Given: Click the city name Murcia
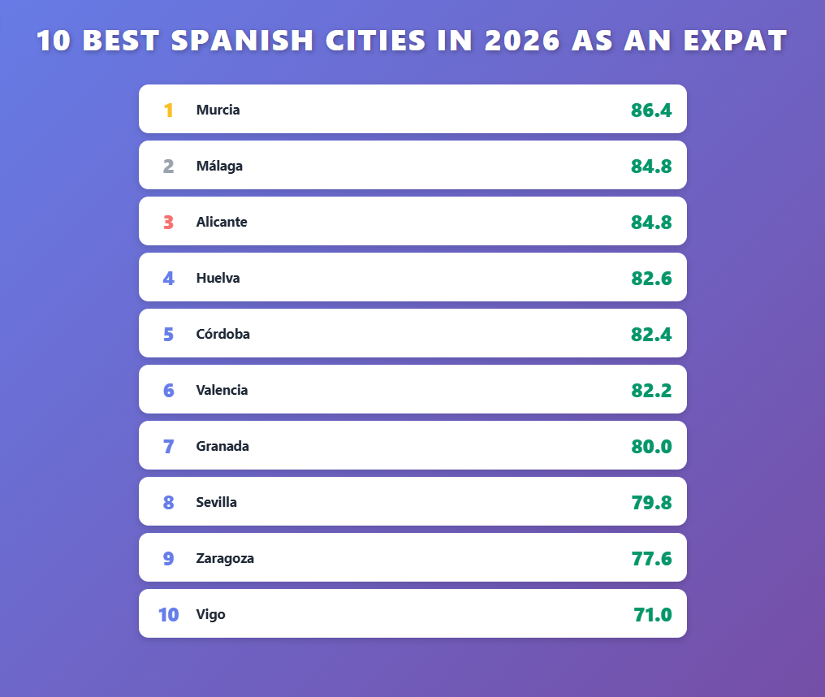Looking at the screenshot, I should pyautogui.click(x=218, y=110).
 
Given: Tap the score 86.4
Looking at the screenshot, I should pyautogui.click(x=651, y=110).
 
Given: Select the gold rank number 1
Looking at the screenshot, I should pyautogui.click(x=169, y=110).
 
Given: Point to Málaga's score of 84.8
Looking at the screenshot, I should pyautogui.click(x=651, y=166).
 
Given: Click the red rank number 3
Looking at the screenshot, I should pyautogui.click(x=169, y=222).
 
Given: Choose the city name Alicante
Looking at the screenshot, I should pyautogui.click(x=222, y=222).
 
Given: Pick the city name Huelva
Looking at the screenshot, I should pyautogui.click(x=218, y=278).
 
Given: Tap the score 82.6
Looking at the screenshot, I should pyautogui.click(x=651, y=278).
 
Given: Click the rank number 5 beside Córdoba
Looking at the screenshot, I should pyautogui.click(x=169, y=334).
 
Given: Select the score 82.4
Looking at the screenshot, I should pyautogui.click(x=651, y=334).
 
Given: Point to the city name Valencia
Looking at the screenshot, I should pyautogui.click(x=222, y=390).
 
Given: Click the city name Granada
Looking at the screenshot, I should pyautogui.click(x=222, y=446).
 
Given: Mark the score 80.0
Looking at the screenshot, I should pyautogui.click(x=651, y=446).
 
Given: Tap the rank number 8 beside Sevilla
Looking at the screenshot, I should pyautogui.click(x=169, y=502).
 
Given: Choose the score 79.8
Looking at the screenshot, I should pyautogui.click(x=651, y=502).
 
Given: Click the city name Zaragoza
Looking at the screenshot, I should pyautogui.click(x=225, y=558).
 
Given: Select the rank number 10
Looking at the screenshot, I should pyautogui.click(x=168, y=614).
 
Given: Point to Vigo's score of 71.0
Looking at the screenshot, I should pyautogui.click(x=653, y=614).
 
